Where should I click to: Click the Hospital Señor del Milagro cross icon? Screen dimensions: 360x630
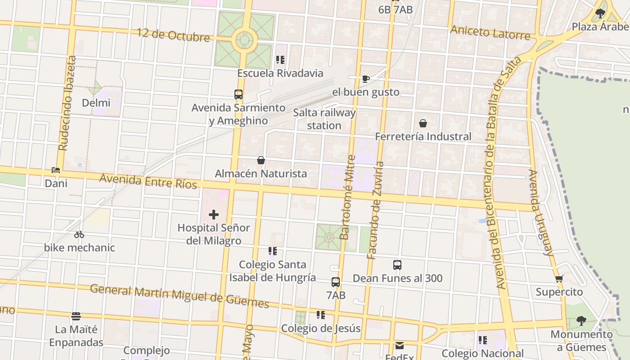[214, 215]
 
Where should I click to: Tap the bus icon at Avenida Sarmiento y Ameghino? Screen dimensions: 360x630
[238, 94]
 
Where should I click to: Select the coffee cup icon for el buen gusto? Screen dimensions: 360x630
[366, 79]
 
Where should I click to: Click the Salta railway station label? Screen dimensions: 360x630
[324, 119]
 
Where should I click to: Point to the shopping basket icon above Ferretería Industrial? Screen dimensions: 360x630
[423, 123]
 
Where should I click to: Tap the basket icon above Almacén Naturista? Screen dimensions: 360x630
[261, 160]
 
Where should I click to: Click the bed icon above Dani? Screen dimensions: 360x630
[56, 170]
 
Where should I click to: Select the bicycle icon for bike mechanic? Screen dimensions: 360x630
[79, 234]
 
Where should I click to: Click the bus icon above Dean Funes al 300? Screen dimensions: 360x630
[397, 265]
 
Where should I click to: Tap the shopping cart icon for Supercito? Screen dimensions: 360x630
[559, 279]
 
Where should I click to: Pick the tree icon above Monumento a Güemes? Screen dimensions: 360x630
[581, 321]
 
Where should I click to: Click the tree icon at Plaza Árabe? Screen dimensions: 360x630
[600, 13]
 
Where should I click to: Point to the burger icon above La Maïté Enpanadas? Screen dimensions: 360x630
[76, 316]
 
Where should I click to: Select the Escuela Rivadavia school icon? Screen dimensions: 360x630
[280, 59]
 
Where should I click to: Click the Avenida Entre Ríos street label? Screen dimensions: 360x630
[148, 181]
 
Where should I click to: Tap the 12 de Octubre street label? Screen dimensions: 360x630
[173, 35]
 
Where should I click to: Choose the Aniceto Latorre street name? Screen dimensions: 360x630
[490, 32]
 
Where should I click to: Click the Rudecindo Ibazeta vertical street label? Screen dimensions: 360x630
[67, 103]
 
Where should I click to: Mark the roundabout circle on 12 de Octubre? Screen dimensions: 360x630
[245, 40]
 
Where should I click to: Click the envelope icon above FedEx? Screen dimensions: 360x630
[400, 346]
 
